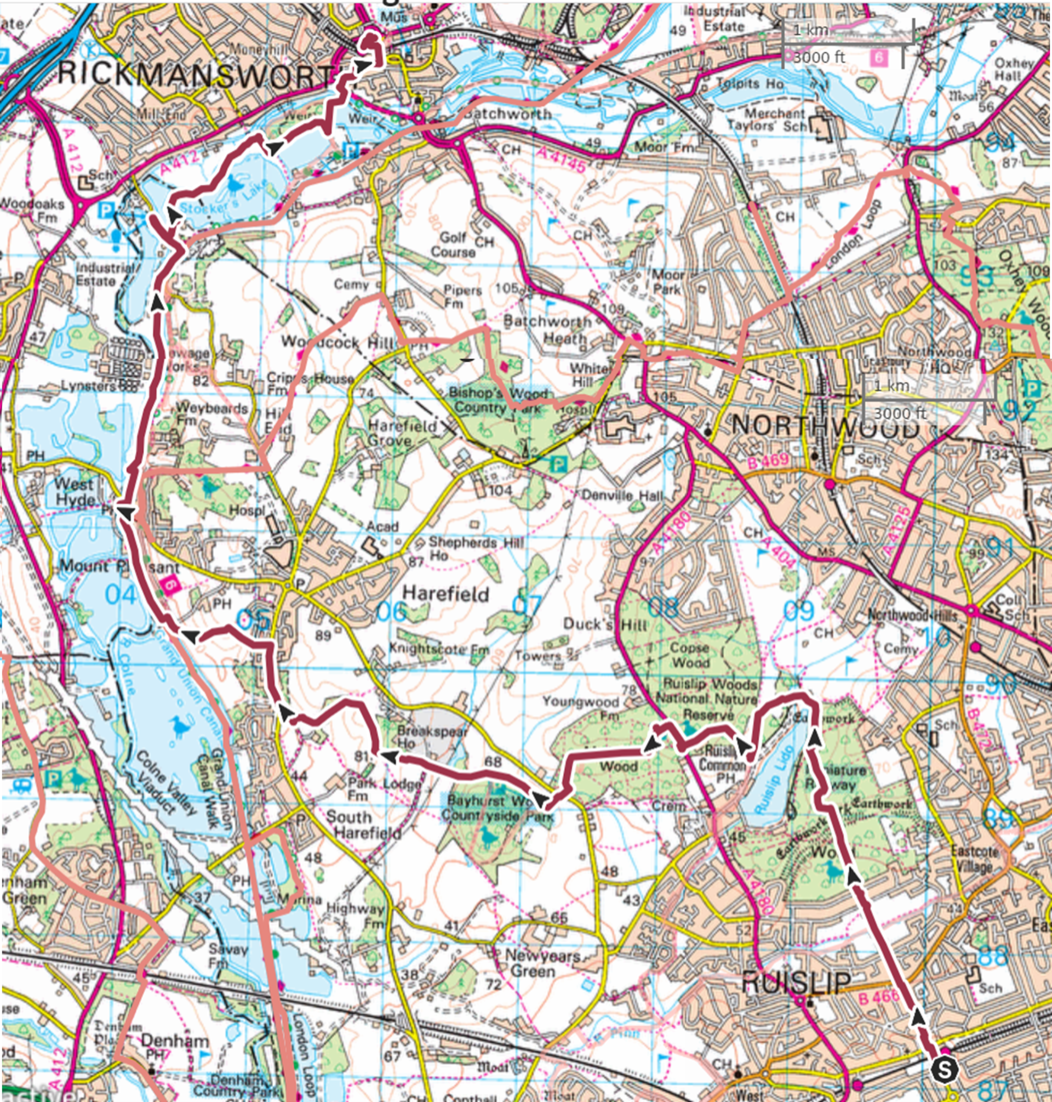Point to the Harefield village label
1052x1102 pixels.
pyautogui.click(x=446, y=593)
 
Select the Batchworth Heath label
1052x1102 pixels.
pyautogui.click(x=547, y=330)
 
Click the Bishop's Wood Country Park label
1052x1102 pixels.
pyautogui.click(x=498, y=400)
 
